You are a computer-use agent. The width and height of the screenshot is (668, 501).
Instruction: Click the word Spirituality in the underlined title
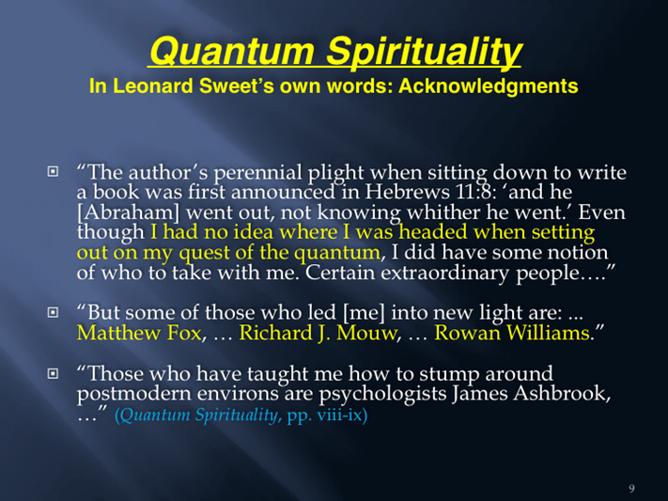click(x=424, y=52)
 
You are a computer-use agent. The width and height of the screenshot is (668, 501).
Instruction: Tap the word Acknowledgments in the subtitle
click(x=489, y=86)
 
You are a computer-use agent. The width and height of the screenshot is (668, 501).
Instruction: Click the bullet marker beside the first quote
click(x=53, y=171)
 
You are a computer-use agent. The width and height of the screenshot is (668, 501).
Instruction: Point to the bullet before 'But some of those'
click(x=53, y=312)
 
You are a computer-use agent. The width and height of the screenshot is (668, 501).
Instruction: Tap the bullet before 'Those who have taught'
click(x=53, y=373)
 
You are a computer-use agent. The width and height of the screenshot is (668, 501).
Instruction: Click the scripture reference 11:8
click(x=479, y=193)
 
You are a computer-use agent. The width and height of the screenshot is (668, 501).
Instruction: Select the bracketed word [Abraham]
click(x=128, y=212)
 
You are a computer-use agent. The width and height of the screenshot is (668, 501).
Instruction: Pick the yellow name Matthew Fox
click(x=139, y=333)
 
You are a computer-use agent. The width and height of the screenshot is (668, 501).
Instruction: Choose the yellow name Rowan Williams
click(x=512, y=333)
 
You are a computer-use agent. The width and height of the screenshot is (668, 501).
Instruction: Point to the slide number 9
click(x=631, y=488)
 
